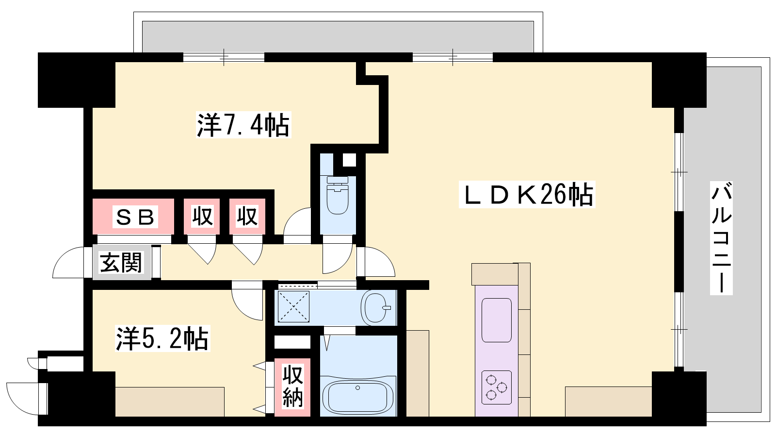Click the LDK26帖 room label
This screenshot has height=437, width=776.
point(527,194)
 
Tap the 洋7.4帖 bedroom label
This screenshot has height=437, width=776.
point(243,124)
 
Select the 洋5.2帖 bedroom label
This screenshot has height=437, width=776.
point(162,338)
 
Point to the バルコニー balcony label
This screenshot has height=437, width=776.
point(721,238)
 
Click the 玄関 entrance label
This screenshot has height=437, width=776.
point(121,263)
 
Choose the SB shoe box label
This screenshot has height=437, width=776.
point(135,217)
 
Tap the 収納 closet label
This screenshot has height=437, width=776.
point(292,386)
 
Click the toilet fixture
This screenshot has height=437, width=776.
point(338,195)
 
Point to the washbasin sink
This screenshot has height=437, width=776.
point(376,308)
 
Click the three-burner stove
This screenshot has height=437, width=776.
point(497,387)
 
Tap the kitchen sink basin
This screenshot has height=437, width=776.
point(497,320)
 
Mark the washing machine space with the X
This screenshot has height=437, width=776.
point(293,306)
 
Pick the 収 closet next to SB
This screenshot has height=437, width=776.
point(202,217)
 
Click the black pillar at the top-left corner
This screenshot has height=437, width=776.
point(77,80)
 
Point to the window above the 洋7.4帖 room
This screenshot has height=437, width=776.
point(224,57)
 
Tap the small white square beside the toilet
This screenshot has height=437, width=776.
point(349,160)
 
